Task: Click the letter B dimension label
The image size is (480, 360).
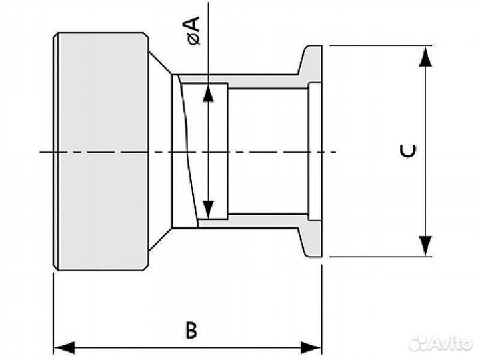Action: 191,329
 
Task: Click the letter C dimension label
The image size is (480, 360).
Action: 409,151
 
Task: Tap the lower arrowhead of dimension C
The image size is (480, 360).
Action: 425,246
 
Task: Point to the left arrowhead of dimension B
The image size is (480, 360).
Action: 64,348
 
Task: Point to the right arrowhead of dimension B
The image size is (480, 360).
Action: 311,348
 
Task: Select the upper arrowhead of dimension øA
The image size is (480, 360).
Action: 208,93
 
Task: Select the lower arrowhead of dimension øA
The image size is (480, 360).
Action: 208,209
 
